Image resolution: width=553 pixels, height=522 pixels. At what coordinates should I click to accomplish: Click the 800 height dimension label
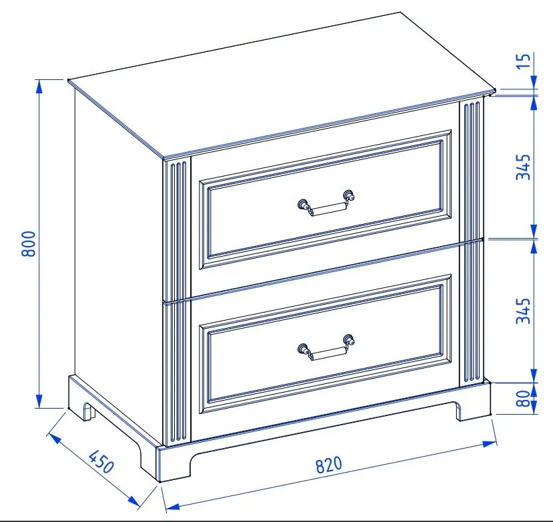29,243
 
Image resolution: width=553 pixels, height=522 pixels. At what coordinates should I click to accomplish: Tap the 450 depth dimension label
101,461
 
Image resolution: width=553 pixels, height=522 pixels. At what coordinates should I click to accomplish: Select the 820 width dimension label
329,465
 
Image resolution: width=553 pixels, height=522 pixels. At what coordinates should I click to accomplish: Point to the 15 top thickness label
524,61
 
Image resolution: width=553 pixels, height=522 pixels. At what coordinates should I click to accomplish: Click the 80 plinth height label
524,398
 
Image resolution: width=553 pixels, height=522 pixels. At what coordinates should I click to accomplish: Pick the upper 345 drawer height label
524,167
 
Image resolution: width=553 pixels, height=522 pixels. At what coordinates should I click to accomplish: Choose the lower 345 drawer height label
524,311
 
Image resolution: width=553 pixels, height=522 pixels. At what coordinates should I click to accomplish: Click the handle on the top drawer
326,203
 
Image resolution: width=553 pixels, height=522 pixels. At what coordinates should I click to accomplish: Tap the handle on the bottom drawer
326,347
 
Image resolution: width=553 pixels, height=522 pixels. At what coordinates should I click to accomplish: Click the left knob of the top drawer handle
303,204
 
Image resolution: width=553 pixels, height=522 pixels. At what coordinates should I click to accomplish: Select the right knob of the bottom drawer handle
349,339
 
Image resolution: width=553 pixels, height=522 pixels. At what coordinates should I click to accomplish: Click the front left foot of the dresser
175,465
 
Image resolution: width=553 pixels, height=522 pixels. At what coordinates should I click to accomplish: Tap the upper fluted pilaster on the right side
472,170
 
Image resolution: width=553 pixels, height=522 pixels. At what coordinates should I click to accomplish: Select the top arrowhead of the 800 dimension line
39,85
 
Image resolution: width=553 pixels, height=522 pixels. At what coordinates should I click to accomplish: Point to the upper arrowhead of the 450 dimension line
53,438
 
